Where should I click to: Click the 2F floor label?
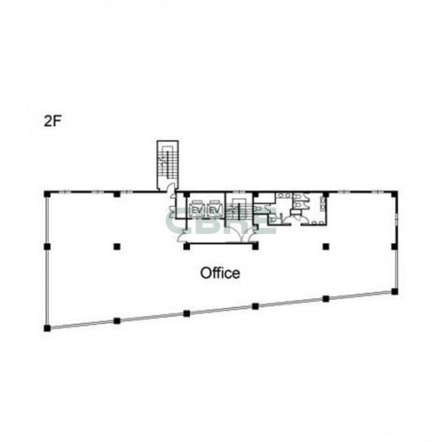tap(53, 121)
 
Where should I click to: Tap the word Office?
tap(220, 273)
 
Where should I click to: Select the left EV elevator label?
tap(197, 210)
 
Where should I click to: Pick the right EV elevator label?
tap(214, 210)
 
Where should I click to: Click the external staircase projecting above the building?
tap(167, 164)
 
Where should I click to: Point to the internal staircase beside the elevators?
tap(239, 209)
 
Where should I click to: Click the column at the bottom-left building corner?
tap(47, 328)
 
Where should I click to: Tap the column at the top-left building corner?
tap(47, 194)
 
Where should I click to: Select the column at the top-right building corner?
tap(394, 194)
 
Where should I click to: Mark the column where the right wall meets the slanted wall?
tap(395, 292)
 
